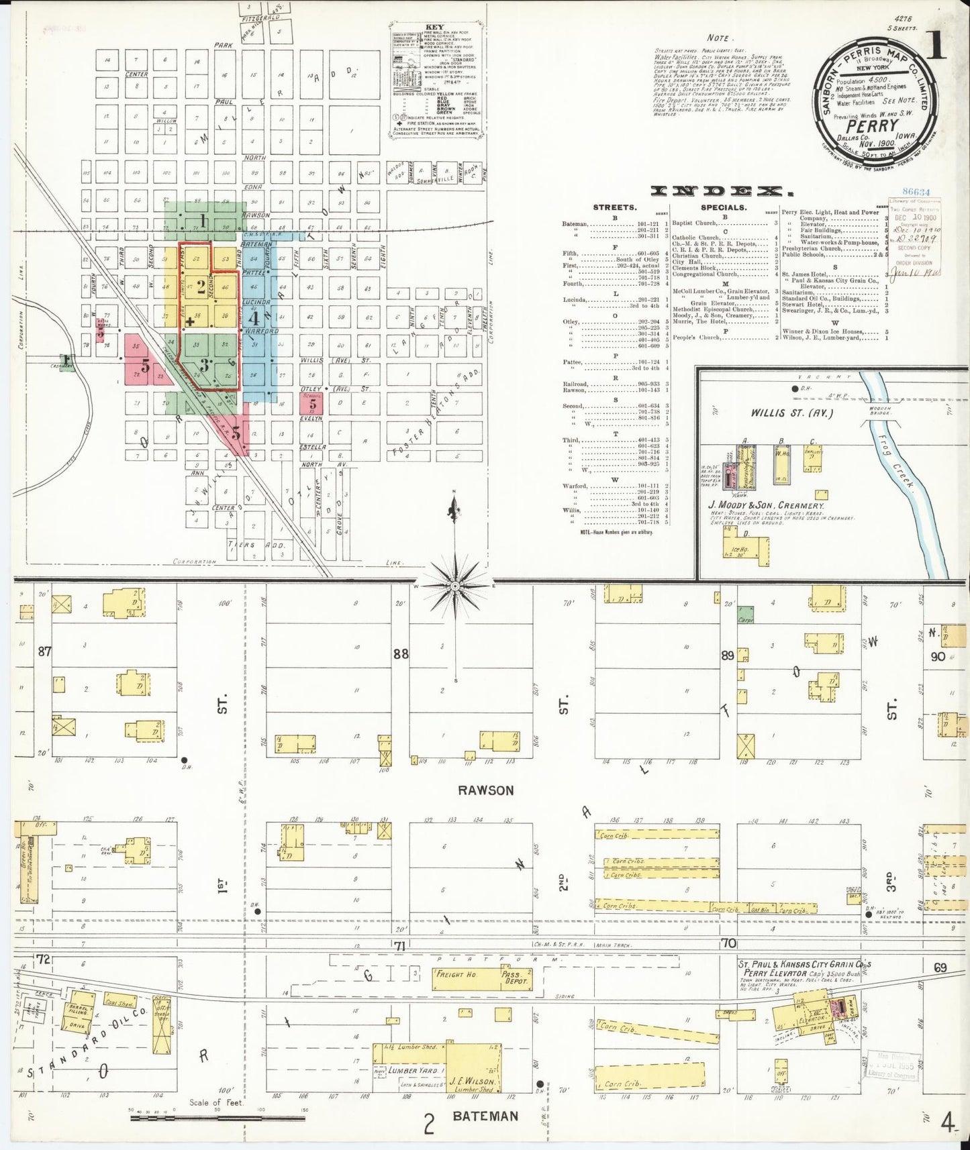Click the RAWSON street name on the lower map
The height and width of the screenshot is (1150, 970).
click(485, 790)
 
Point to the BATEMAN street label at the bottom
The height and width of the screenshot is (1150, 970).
click(485, 1116)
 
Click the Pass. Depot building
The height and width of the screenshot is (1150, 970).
click(514, 980)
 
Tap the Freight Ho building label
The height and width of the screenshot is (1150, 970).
click(456, 974)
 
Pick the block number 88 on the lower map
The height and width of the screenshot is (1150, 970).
click(401, 654)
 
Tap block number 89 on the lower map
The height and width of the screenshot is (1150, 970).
click(728, 656)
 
